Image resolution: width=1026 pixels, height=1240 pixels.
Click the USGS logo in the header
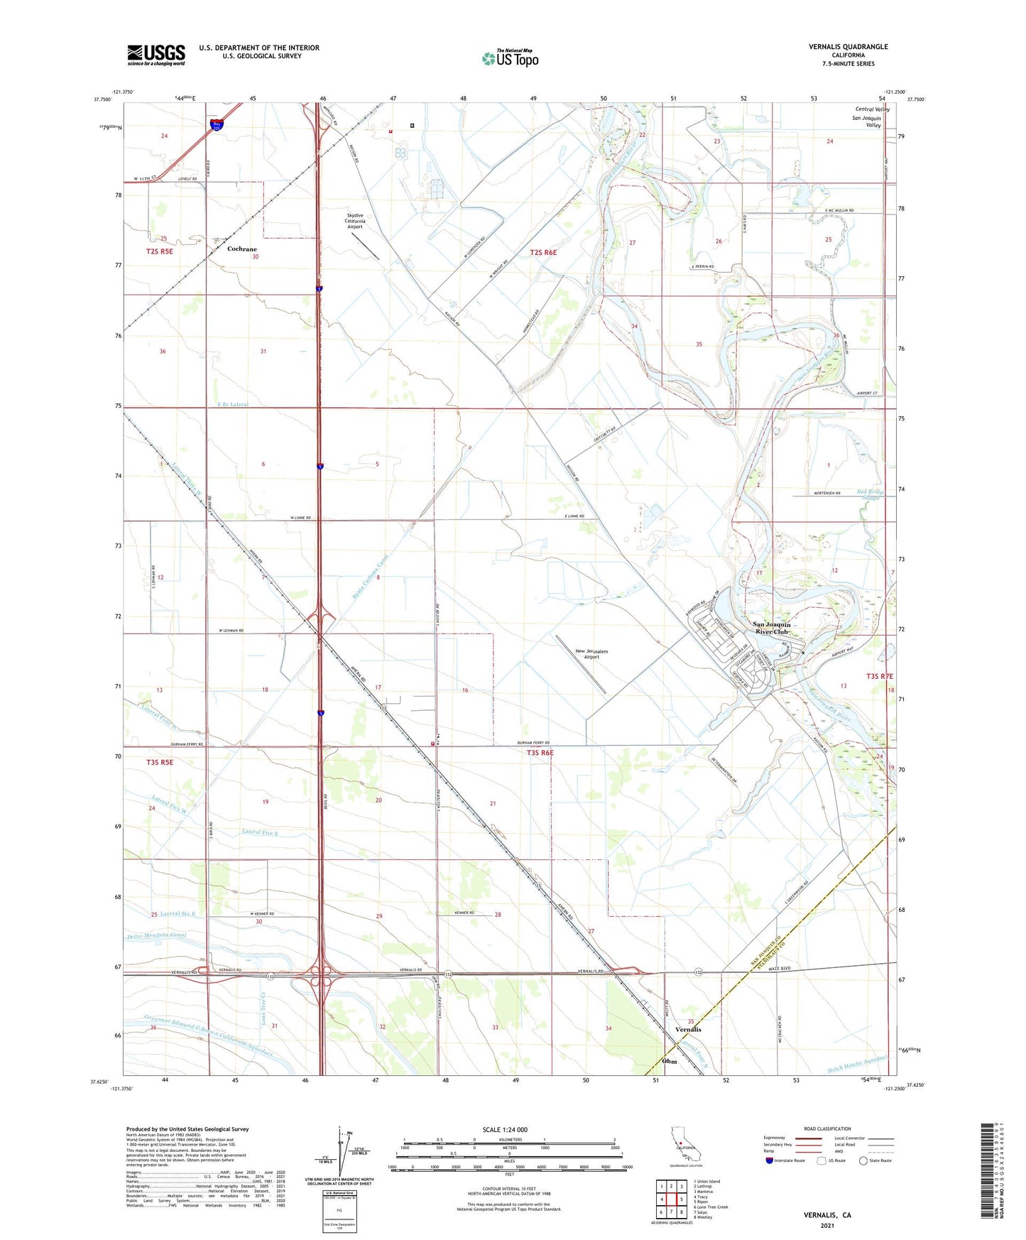(156, 55)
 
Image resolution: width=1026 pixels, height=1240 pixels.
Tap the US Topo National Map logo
(510, 58)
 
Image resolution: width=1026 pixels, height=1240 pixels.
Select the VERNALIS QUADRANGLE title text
(848, 47)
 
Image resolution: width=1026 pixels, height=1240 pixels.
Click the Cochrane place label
(241, 249)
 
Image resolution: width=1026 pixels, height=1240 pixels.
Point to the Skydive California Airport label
(355, 221)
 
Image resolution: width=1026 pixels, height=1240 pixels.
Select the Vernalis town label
(687, 1029)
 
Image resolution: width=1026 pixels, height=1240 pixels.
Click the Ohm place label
(669, 1061)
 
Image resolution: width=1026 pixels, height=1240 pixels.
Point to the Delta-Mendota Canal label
(157, 935)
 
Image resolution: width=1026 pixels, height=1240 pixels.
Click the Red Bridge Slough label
(868, 494)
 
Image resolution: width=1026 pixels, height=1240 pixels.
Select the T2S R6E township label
(543, 252)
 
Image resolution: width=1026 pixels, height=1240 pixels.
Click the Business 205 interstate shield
(217, 125)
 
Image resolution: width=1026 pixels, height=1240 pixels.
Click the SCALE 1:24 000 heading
(505, 1129)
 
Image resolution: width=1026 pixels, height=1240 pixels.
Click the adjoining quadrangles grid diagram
(671, 1199)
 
